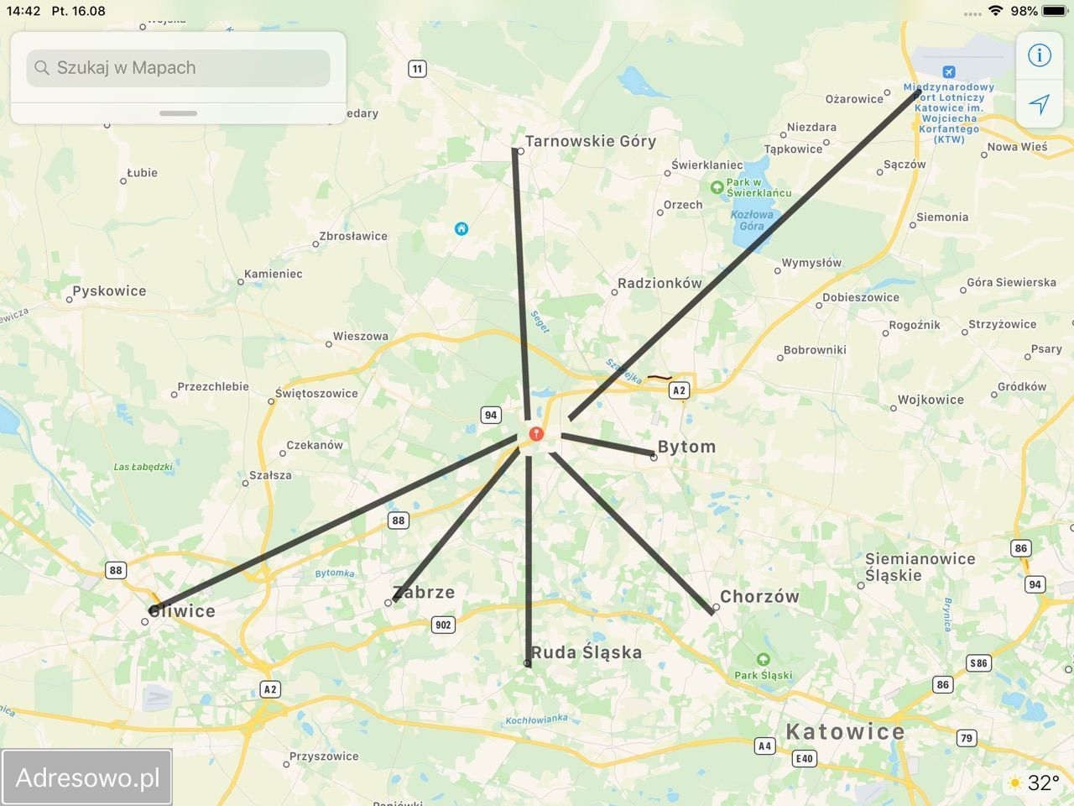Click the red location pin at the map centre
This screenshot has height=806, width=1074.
(536, 434)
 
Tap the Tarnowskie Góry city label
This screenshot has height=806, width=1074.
(590, 141)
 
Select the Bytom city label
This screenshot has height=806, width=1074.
(686, 447)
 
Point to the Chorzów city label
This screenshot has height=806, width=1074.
(759, 597)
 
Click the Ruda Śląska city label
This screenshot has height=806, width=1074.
(587, 652)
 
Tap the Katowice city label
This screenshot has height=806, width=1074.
(845, 731)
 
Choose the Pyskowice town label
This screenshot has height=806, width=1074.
(109, 291)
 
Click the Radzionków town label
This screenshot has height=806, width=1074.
(660, 283)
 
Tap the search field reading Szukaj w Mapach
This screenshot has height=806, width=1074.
(178, 68)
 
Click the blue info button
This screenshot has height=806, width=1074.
(1040, 55)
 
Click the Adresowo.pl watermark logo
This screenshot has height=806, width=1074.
(87, 777)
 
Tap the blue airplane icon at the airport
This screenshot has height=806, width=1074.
(948, 72)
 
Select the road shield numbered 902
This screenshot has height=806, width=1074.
(443, 625)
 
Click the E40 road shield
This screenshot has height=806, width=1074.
(804, 758)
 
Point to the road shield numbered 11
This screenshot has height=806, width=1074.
(417, 69)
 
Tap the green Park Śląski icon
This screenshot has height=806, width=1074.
(763, 660)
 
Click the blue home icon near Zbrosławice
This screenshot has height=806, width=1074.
(461, 228)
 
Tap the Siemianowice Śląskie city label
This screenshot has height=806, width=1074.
(920, 567)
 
